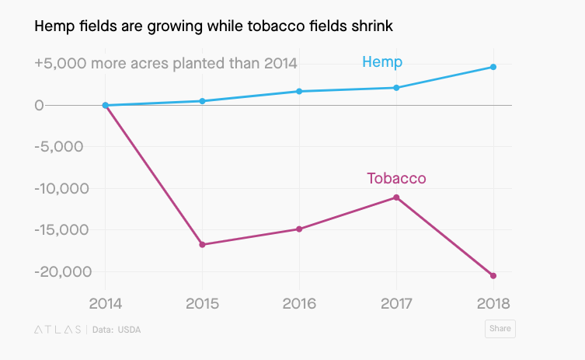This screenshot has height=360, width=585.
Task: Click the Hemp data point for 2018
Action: [x=493, y=67]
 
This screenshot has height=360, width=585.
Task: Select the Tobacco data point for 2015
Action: [x=202, y=245]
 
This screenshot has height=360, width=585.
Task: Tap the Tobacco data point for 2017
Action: [x=396, y=197]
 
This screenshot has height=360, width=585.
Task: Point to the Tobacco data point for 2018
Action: [x=493, y=276]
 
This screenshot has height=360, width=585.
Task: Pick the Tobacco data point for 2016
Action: [x=299, y=229]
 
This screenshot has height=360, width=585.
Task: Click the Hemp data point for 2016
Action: [x=299, y=92]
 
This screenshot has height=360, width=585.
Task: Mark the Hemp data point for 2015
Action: [x=202, y=101]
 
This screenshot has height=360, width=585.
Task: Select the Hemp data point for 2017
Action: [x=396, y=88]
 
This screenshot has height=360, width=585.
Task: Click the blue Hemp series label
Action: [x=382, y=62]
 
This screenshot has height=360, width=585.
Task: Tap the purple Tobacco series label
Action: [x=396, y=179]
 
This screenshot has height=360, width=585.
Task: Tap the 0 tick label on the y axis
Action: [x=39, y=105]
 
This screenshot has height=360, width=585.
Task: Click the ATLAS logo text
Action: [x=57, y=330]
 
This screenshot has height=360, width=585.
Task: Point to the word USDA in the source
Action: [x=129, y=330]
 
